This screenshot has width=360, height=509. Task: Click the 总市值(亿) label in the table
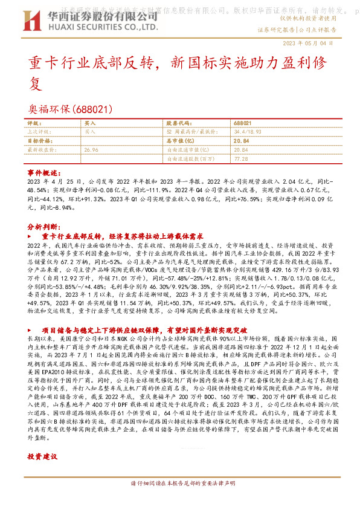coord(179,140)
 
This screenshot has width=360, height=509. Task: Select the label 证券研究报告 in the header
coord(276,29)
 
